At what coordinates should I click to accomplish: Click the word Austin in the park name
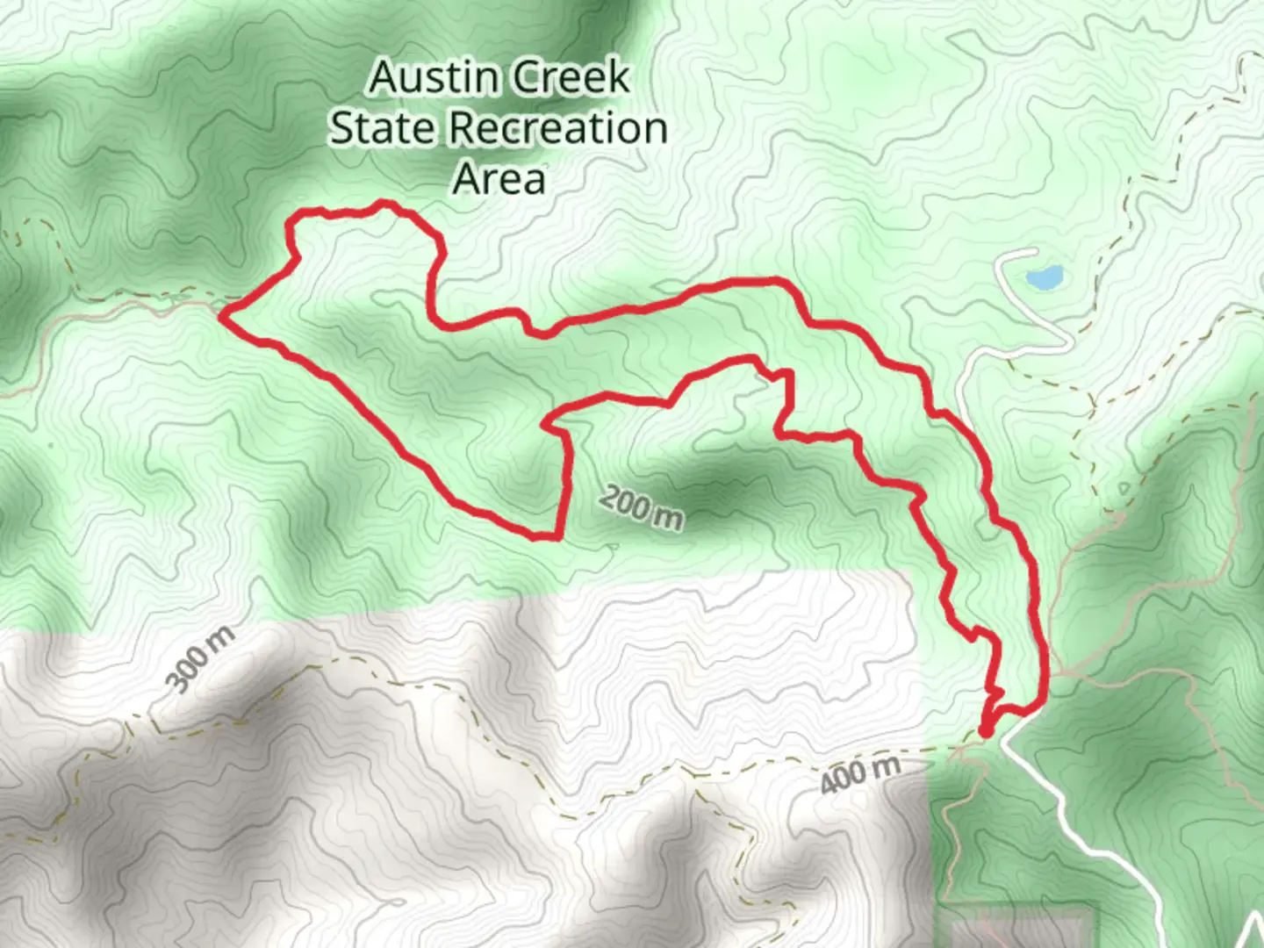[x=425, y=78]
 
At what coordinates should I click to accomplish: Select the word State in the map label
[x=383, y=128]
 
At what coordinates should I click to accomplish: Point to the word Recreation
[x=558, y=128]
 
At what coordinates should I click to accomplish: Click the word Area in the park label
[x=499, y=178]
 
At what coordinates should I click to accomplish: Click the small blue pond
[x=1043, y=279]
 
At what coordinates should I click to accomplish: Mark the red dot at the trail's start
[x=985, y=730]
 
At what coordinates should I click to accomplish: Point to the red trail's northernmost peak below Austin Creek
[x=382, y=205]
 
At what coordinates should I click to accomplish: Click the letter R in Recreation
[x=463, y=128]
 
